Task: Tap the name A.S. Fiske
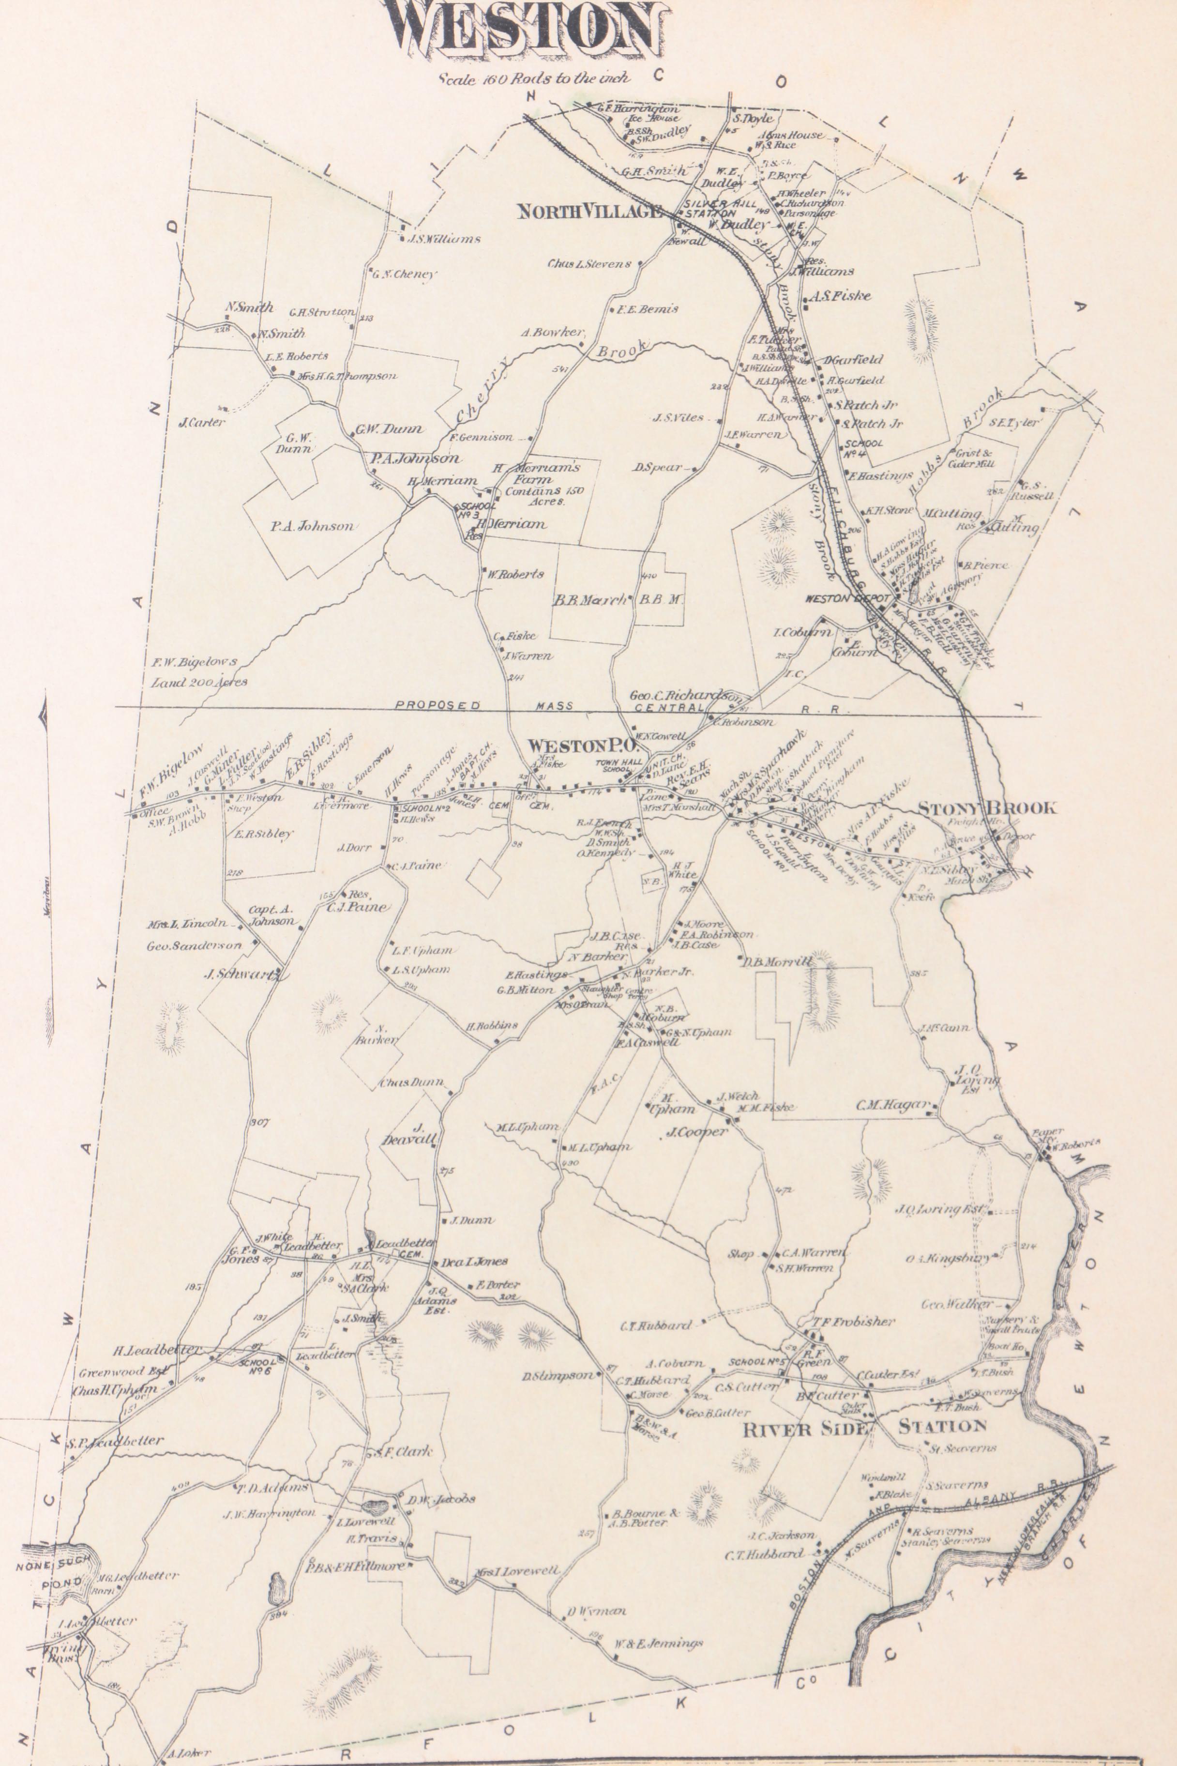(841, 296)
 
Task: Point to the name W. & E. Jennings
(658, 1643)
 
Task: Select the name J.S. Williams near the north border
(443, 240)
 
